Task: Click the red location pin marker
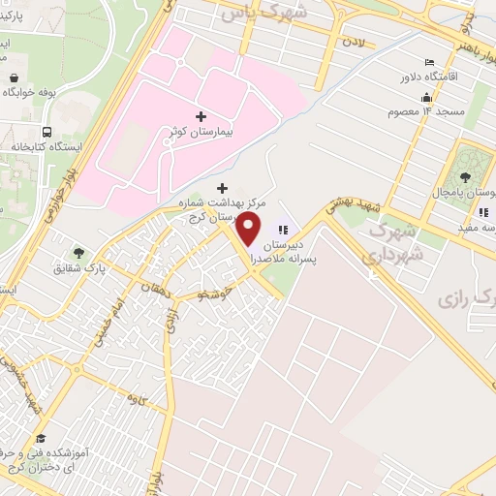click(x=249, y=229)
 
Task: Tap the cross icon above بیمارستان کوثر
click(x=201, y=116)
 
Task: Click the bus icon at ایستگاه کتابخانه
click(x=46, y=132)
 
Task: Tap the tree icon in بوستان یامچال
click(x=466, y=176)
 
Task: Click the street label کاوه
click(x=133, y=398)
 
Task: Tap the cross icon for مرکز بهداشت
click(x=223, y=187)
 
